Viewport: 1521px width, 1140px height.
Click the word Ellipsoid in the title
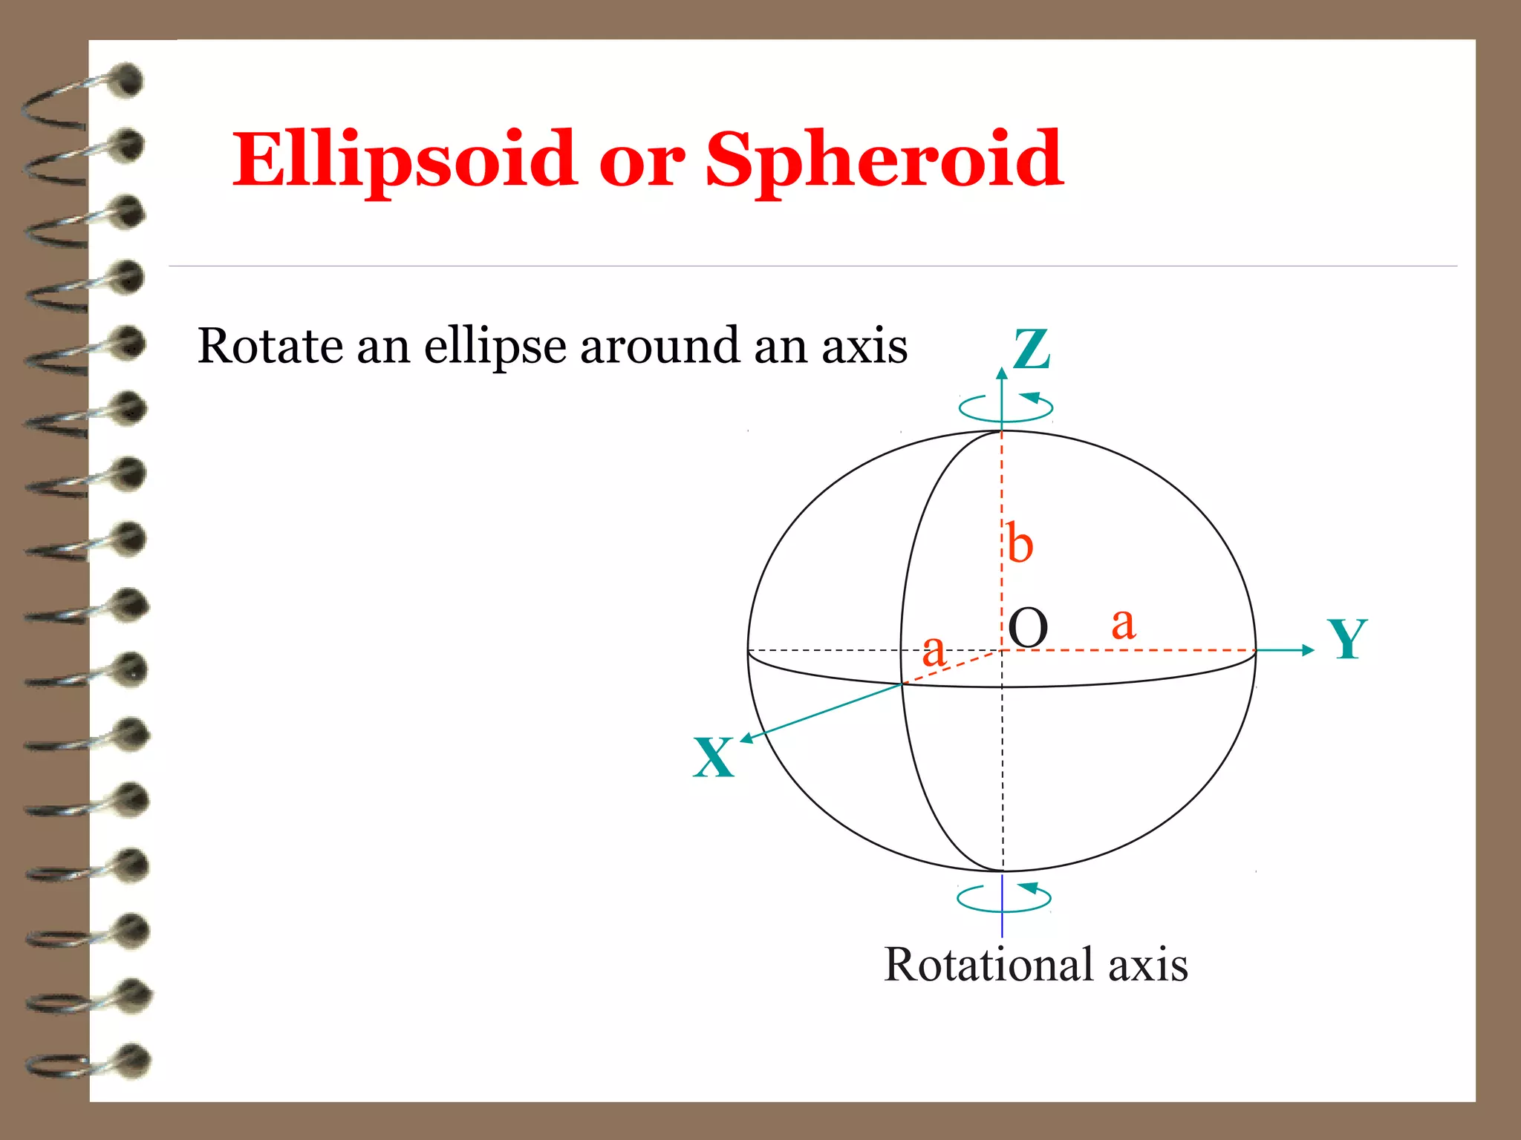click(404, 160)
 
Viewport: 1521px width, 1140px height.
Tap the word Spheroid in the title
click(884, 160)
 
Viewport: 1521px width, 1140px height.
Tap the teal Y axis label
click(1347, 639)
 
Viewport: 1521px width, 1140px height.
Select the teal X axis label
click(714, 758)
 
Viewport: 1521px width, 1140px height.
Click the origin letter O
click(1029, 629)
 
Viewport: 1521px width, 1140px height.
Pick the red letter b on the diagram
click(1020, 544)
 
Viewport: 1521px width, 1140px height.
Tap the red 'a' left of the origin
click(934, 651)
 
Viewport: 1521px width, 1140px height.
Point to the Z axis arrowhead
click(1002, 373)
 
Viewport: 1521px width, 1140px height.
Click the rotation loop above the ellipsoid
click(1006, 407)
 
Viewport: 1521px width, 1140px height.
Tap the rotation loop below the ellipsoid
click(1004, 898)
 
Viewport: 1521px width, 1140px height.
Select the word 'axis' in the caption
click(1148, 965)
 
